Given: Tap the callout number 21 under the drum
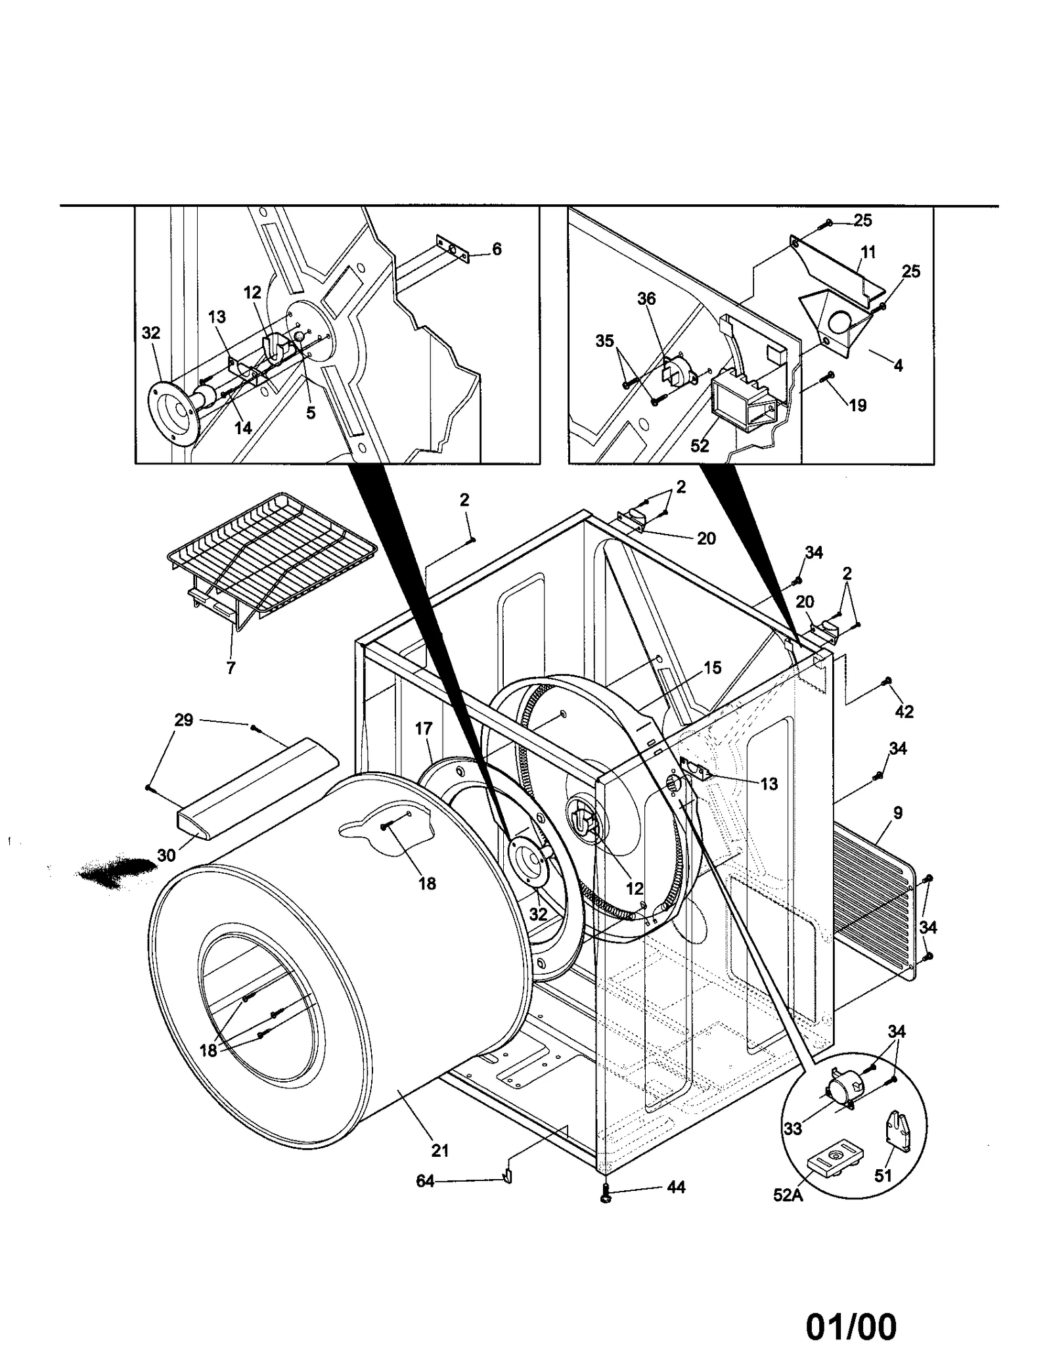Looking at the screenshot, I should (439, 1150).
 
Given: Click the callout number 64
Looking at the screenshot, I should (425, 1180).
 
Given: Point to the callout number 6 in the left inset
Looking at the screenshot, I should (497, 249).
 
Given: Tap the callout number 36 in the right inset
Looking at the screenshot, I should (646, 298).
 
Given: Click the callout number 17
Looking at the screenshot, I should (424, 728).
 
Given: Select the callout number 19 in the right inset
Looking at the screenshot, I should (857, 405).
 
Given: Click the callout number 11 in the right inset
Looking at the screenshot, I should (868, 252).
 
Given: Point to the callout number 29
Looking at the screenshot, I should (183, 720).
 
